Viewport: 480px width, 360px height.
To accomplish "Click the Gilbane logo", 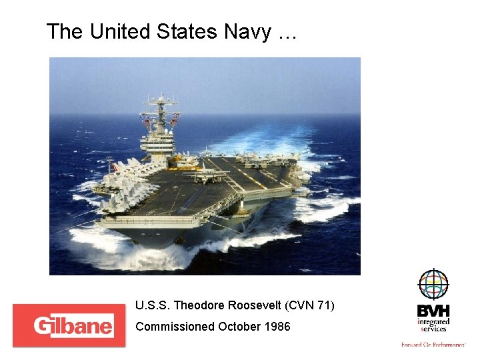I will click(x=69, y=326).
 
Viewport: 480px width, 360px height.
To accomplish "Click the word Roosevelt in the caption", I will click(x=255, y=306).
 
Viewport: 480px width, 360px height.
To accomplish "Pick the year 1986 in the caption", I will click(x=277, y=327).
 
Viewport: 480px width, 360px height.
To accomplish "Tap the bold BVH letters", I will click(x=433, y=311).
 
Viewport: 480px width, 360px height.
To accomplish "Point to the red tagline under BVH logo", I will click(x=433, y=345).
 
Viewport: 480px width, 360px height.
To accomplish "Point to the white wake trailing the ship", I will click(x=280, y=140).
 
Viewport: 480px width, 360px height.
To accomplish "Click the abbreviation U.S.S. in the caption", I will click(x=152, y=306).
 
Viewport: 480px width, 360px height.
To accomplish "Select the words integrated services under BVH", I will click(x=433, y=325).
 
